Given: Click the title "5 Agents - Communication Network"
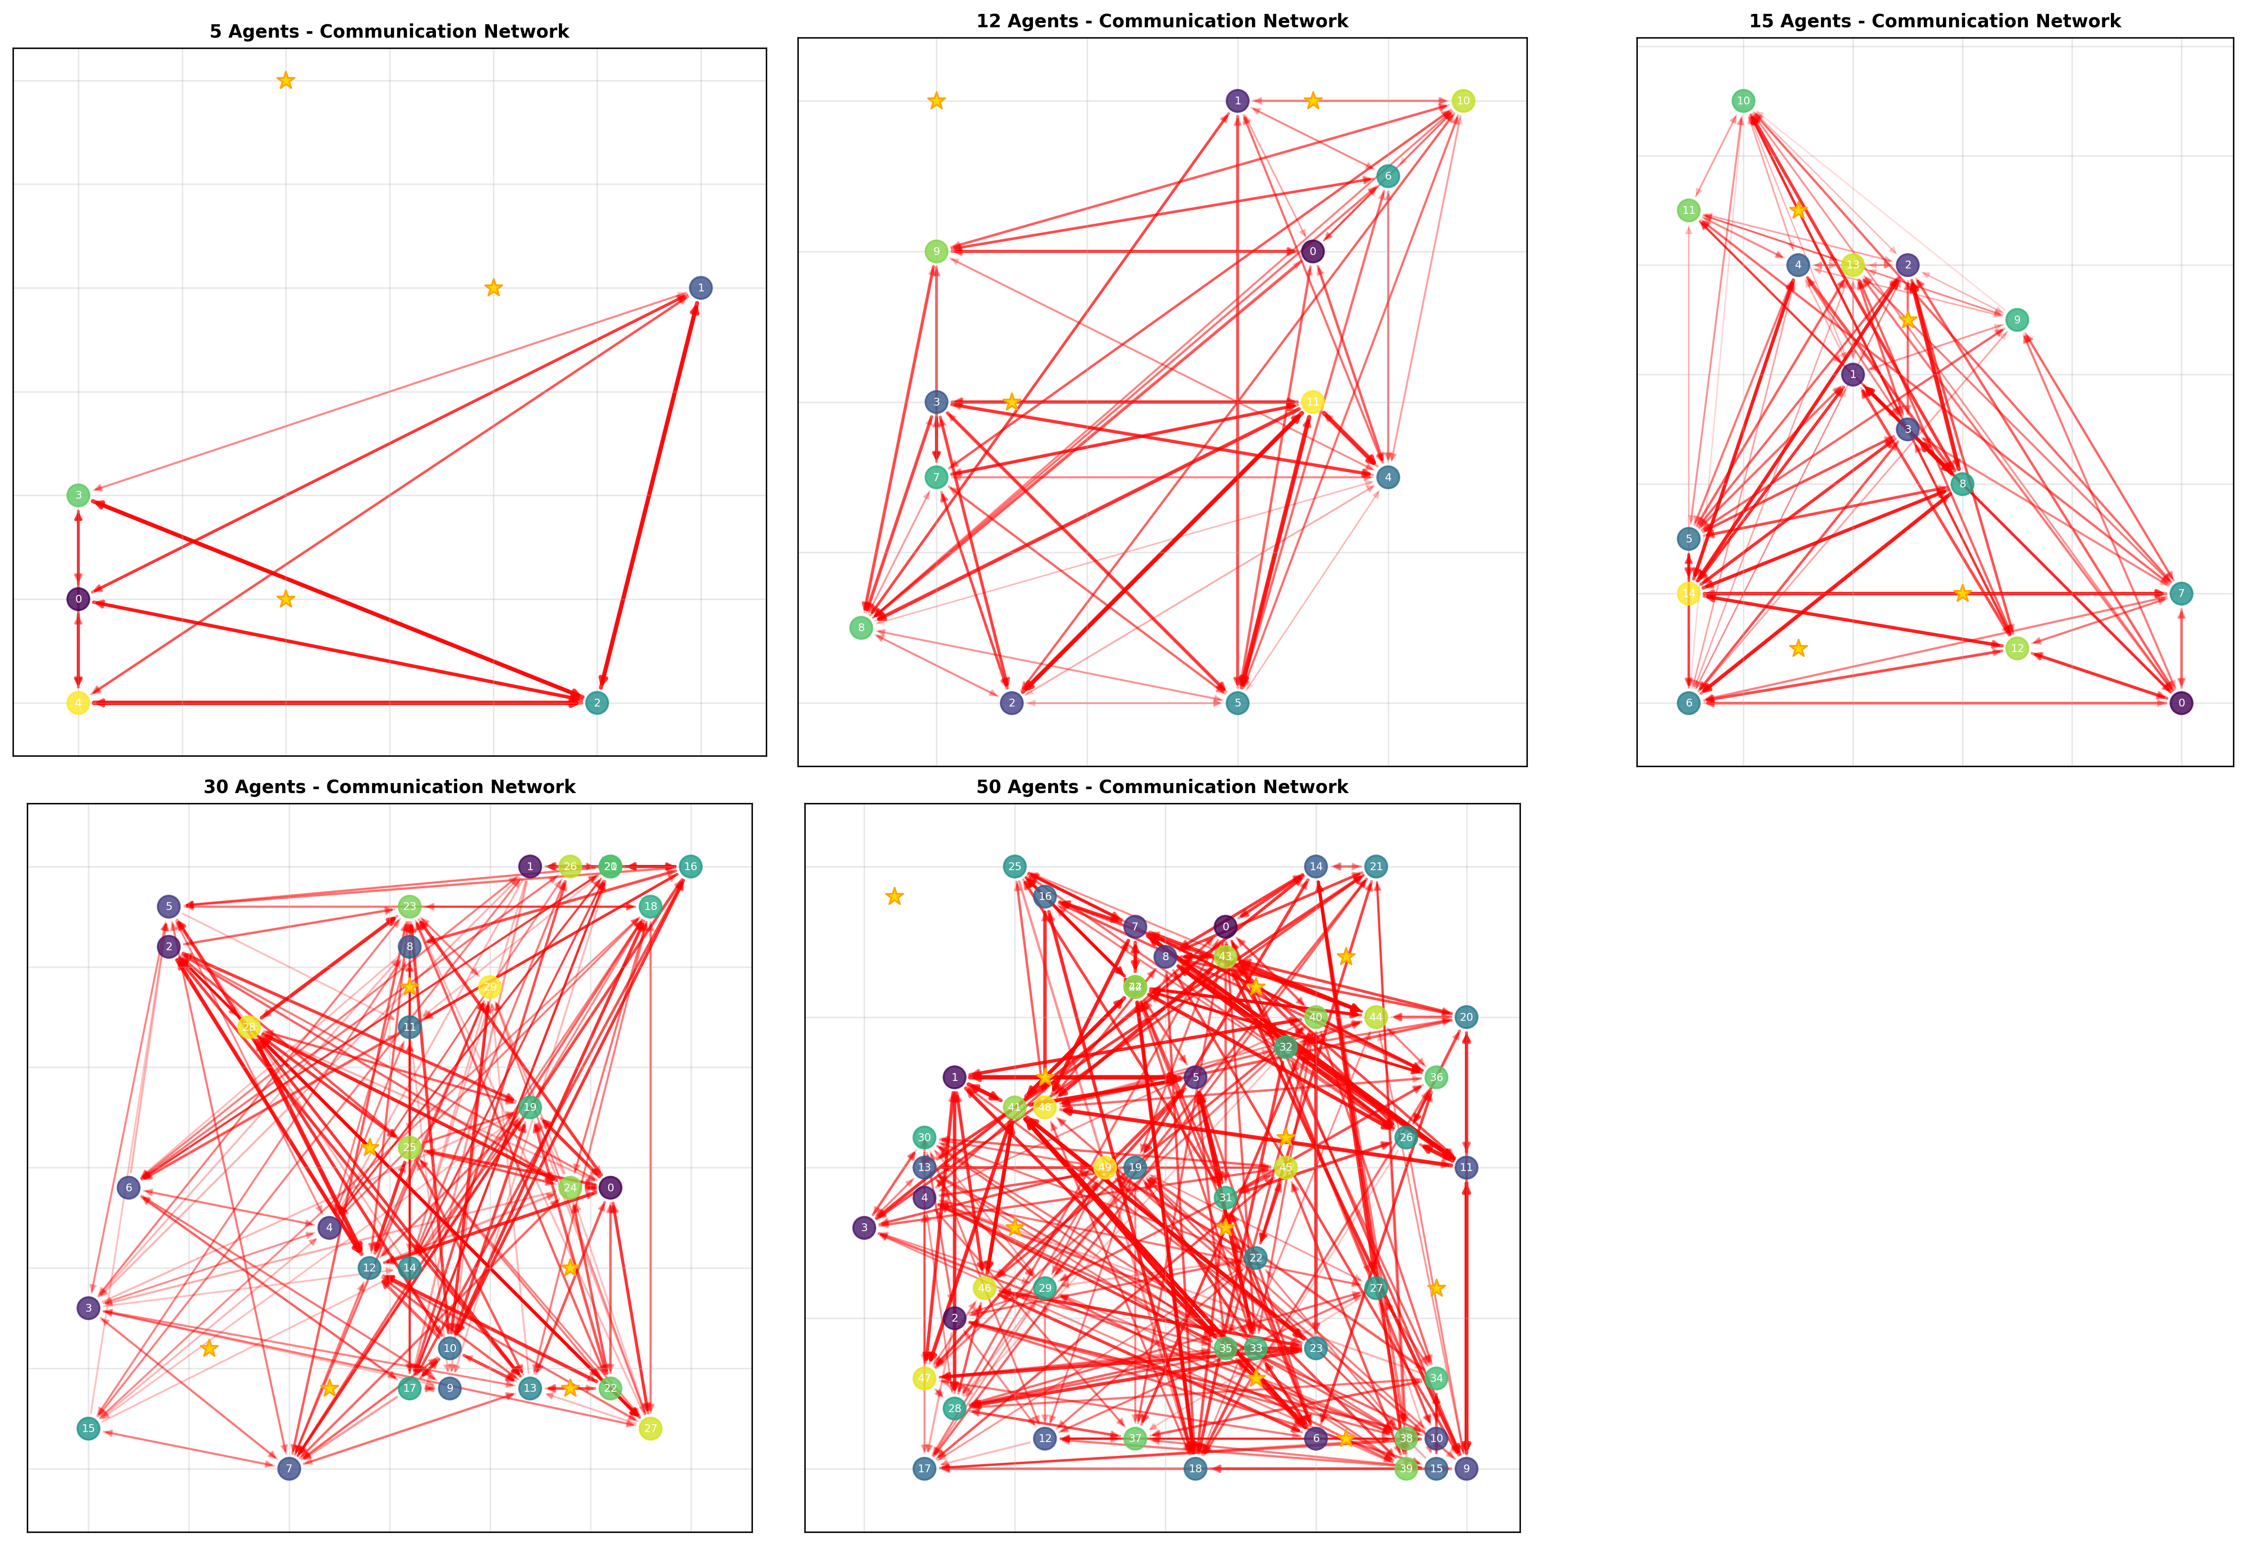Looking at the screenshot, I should (x=389, y=31).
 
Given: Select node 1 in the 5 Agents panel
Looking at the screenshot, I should (x=700, y=287).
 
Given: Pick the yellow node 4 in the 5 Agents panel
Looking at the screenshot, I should (x=78, y=703).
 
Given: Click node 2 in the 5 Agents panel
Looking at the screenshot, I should (x=597, y=703).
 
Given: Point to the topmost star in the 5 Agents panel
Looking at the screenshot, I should (x=286, y=81).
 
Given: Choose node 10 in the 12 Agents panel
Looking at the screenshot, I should (x=1463, y=101).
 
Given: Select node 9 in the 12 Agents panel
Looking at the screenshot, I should (x=935, y=252).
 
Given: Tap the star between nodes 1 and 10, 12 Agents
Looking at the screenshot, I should (x=1312, y=101).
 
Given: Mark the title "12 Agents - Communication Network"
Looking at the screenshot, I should (x=1162, y=20).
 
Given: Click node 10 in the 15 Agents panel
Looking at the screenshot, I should (x=1743, y=101).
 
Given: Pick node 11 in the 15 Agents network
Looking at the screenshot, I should (x=1688, y=210).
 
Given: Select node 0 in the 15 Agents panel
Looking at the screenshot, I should (x=2180, y=703).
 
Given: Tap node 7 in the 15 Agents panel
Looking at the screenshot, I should (x=2180, y=593).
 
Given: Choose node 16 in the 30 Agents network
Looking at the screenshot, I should (x=689, y=866).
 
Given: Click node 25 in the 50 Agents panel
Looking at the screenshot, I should (x=1013, y=866).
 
